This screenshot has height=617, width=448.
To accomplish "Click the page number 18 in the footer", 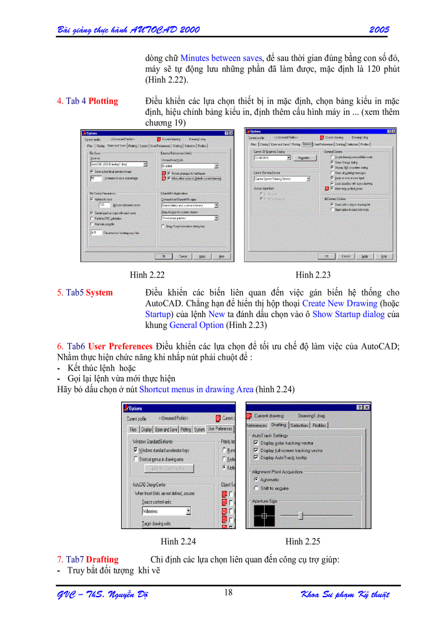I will coord(228,592).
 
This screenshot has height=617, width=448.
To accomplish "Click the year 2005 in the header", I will coord(379,29).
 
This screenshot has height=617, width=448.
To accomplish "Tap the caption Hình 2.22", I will coord(147,275).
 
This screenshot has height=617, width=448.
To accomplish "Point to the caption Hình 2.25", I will coord(303,542).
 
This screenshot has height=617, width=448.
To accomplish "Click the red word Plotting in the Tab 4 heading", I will coord(103,101).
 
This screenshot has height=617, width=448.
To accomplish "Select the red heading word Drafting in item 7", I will coord(102,560).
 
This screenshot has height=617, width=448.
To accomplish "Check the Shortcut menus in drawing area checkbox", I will coord(136,459).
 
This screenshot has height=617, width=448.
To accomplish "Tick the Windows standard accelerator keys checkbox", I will coord(136,449).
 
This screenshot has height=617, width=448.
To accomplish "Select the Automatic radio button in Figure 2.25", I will coord(256,480).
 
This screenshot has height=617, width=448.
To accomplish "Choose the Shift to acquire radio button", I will coord(256,488).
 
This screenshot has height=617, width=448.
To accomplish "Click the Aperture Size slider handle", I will coord(300,515).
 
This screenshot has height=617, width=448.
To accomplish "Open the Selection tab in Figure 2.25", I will coord(299,425).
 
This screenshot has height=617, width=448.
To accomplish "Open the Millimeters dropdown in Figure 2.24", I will coord(188,511).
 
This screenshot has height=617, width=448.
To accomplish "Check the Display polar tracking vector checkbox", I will coord(256,443).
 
